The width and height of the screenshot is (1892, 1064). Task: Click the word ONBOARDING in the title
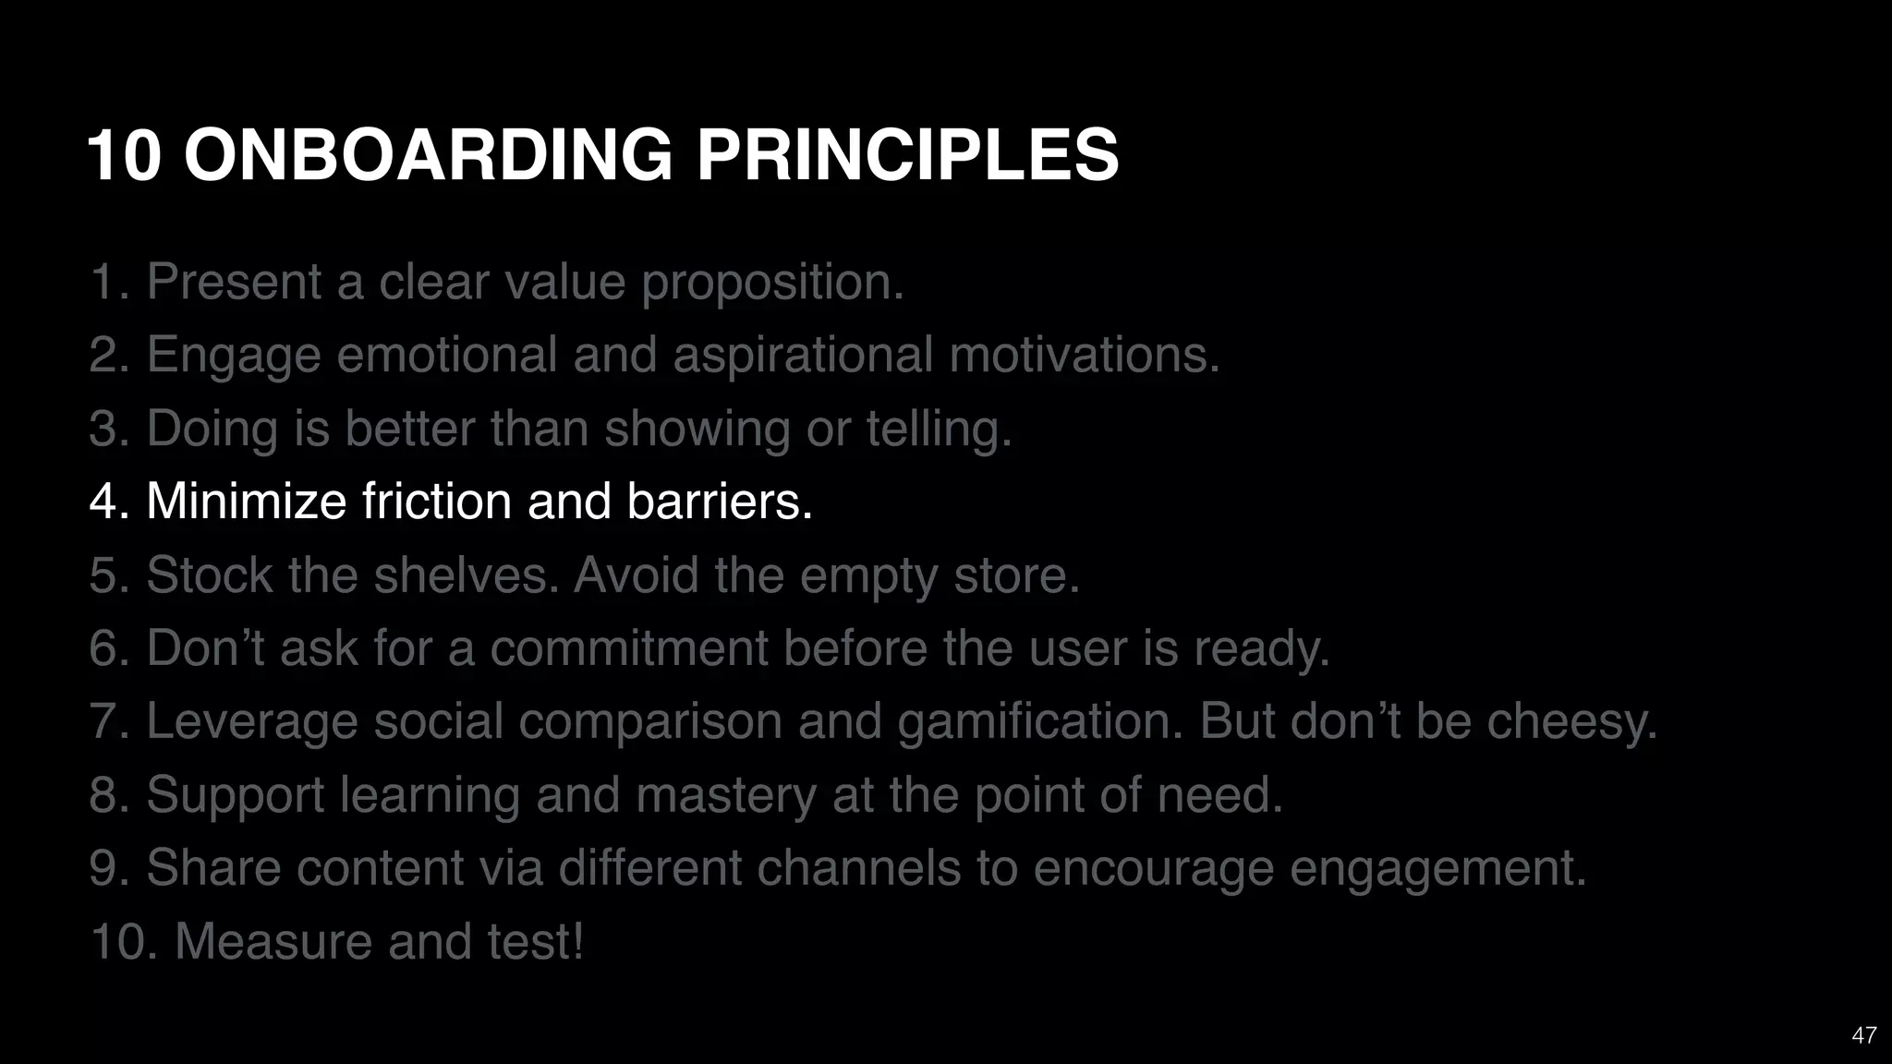click(x=428, y=154)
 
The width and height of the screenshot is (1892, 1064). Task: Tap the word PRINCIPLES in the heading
click(x=907, y=154)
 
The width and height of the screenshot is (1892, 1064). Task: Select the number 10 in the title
click(x=125, y=154)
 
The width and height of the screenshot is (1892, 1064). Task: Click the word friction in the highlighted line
click(x=436, y=502)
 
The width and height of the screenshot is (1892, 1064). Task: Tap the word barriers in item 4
click(x=719, y=502)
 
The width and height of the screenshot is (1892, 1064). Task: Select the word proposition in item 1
click(x=772, y=283)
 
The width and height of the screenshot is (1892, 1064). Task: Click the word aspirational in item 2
click(x=803, y=356)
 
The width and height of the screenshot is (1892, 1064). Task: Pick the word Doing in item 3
click(x=212, y=429)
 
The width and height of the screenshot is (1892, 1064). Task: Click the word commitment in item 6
click(x=629, y=648)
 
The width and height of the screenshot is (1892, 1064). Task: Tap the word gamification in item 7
click(x=1040, y=722)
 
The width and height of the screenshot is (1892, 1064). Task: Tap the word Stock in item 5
click(x=209, y=575)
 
